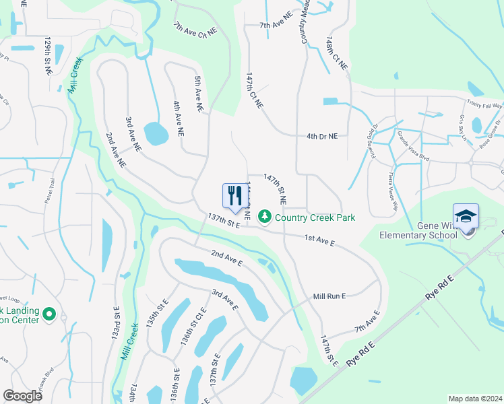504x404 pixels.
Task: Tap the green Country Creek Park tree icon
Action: click(x=265, y=217)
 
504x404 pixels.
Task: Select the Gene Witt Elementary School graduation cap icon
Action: click(x=466, y=217)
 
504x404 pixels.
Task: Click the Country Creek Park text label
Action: click(x=315, y=217)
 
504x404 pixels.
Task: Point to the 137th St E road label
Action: click(x=225, y=222)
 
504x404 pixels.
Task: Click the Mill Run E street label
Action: click(x=329, y=296)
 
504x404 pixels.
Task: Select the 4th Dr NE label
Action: click(x=321, y=136)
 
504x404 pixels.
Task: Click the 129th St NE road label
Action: click(x=49, y=57)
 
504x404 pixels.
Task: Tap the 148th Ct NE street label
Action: click(x=336, y=54)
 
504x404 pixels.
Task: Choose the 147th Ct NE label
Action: click(x=254, y=92)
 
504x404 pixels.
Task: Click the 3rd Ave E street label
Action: click(x=225, y=300)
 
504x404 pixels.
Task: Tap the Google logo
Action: click(x=22, y=396)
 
